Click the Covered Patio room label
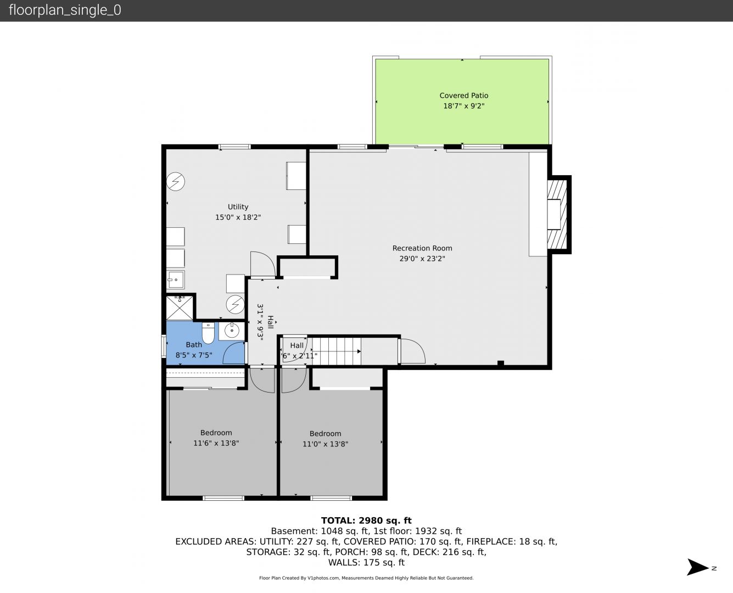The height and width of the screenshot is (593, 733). pos(463,96)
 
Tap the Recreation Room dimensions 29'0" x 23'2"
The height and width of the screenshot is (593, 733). pos(422,259)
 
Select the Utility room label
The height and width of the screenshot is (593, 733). pos(238,207)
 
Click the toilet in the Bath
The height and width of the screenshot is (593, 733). pos(208,333)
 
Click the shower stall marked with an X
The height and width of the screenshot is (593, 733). pos(180,307)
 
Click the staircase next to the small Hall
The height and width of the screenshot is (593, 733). pos(336,351)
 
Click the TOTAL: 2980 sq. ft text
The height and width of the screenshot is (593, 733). pos(366,521)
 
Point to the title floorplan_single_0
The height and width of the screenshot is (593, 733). pos(65,10)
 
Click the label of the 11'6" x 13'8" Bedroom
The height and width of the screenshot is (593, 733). pos(216,433)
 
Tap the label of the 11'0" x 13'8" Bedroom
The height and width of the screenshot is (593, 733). pos(325,434)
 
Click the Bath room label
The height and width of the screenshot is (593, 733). pos(194,344)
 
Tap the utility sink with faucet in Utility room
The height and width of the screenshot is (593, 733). pos(176,279)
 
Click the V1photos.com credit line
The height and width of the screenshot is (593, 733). pos(366,578)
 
